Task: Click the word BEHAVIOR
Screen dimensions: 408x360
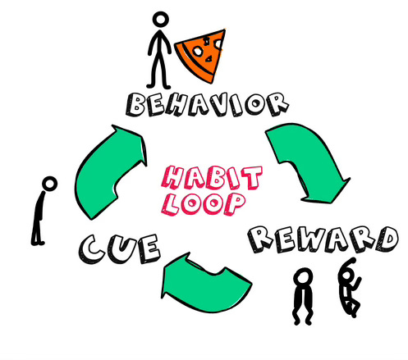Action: [x=207, y=104]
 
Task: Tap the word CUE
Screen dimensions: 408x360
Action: [x=120, y=248]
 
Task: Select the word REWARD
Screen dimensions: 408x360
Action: [x=323, y=239]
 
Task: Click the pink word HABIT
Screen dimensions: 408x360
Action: [x=211, y=178]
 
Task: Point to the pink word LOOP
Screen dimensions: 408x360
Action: [x=204, y=203]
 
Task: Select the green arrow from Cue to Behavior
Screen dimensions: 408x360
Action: [x=109, y=172]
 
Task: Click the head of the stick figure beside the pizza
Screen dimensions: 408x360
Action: [x=161, y=20]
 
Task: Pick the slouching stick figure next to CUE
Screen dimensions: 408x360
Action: [x=44, y=211]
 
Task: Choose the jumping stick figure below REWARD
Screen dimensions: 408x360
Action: [x=350, y=287]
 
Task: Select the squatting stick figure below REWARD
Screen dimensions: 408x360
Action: [x=303, y=297]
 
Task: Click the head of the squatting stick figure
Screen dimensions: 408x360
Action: [x=303, y=278]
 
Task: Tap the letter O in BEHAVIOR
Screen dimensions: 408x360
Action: [x=256, y=103]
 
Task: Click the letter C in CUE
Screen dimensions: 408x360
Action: [x=92, y=250]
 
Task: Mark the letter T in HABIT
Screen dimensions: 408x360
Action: [x=250, y=177]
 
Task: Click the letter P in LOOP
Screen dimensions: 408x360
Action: [x=234, y=203]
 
